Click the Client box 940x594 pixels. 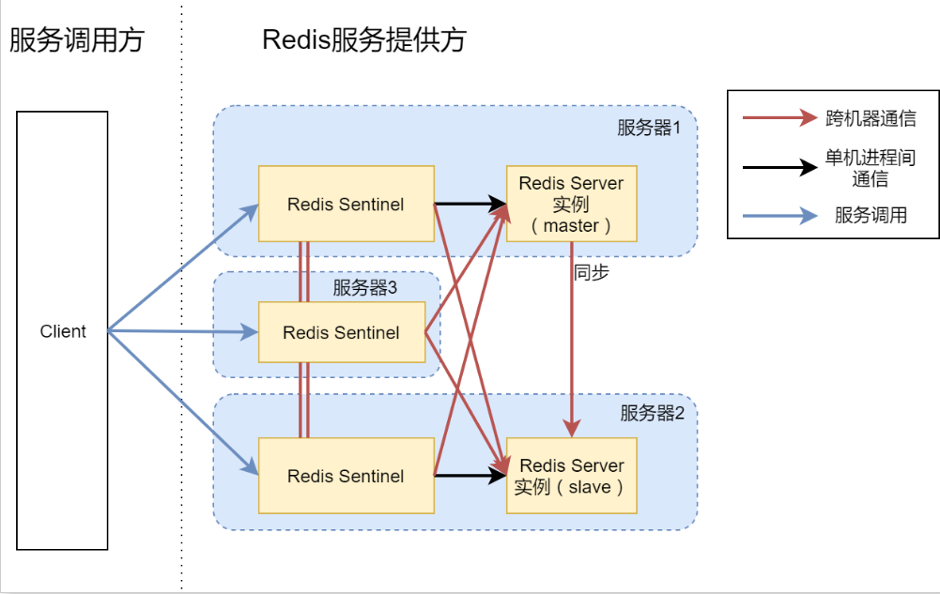[x=62, y=330]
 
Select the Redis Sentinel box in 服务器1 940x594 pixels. [x=346, y=204]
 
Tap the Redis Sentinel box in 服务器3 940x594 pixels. [x=341, y=332]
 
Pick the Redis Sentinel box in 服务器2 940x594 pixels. [x=346, y=476]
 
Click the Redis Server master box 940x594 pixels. [x=571, y=204]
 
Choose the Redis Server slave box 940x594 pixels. [x=571, y=476]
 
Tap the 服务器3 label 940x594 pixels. [x=365, y=288]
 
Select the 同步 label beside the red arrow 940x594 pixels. [x=593, y=274]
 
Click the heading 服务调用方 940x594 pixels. [x=77, y=40]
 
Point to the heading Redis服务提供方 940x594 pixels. [x=364, y=40]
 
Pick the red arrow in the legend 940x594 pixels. [x=778, y=118]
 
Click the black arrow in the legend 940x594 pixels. [x=778, y=168]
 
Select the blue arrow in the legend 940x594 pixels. [x=778, y=217]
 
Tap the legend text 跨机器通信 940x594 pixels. [x=871, y=119]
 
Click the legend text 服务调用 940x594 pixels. [x=871, y=216]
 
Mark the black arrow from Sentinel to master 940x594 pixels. [x=470, y=203]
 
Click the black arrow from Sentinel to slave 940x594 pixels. [x=470, y=476]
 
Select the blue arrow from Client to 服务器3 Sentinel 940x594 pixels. [x=183, y=331]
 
